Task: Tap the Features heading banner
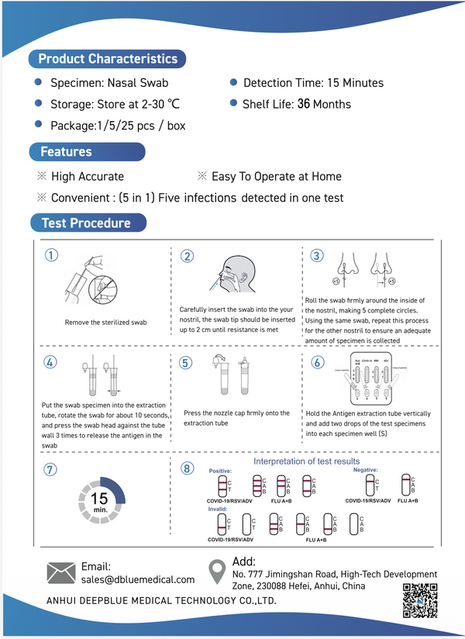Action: point(67,151)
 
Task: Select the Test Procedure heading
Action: point(86,223)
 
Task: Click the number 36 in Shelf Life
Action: point(304,104)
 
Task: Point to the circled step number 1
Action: point(51,256)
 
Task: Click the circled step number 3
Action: point(316,256)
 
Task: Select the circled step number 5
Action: point(184,362)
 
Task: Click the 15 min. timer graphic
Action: point(99,503)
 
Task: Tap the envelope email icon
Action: point(61,572)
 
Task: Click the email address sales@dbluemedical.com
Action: point(138,579)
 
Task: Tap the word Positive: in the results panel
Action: point(220,471)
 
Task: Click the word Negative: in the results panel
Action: point(367,470)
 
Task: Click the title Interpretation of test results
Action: point(307,461)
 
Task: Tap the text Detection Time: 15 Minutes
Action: point(313,83)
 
